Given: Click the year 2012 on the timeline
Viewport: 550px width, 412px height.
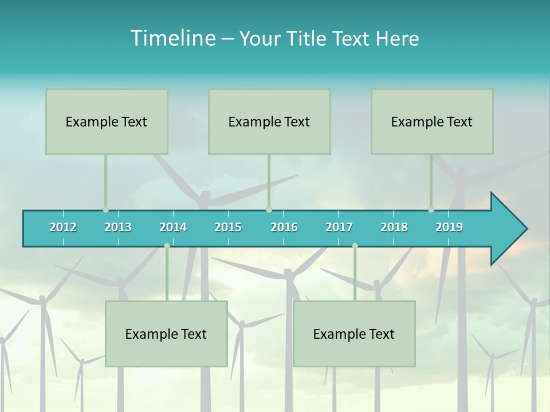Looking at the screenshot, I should click(x=63, y=227).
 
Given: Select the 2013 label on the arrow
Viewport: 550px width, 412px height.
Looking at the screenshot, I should click(x=118, y=227).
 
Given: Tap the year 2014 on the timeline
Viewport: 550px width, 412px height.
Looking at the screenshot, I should click(x=173, y=227).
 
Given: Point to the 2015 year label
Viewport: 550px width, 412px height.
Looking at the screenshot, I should click(x=228, y=227).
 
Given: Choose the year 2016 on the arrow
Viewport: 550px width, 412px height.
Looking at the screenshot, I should click(x=284, y=227).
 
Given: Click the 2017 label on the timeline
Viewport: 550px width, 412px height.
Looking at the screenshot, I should click(x=339, y=227).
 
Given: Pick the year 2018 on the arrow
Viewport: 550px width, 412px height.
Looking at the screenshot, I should click(x=394, y=227).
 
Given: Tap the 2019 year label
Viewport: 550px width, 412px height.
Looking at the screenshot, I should click(x=449, y=227).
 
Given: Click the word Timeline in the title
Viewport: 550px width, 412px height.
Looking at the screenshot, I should click(x=172, y=38).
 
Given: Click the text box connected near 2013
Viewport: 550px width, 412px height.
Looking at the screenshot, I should click(x=107, y=121).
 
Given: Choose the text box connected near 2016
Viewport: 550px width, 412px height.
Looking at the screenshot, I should click(x=269, y=121).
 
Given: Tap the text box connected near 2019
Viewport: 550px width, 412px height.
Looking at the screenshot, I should click(x=432, y=121).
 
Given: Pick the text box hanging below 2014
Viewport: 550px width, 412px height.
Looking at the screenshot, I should click(x=166, y=334).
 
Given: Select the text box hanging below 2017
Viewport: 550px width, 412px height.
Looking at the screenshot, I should click(x=354, y=334).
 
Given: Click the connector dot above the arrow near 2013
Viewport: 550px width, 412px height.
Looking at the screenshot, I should click(x=105, y=210).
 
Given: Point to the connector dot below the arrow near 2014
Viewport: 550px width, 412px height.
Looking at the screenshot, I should click(x=167, y=245).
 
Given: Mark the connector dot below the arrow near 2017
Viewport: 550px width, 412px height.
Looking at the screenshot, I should click(x=355, y=245).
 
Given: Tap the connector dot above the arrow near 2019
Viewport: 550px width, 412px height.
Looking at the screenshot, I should click(x=431, y=210).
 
